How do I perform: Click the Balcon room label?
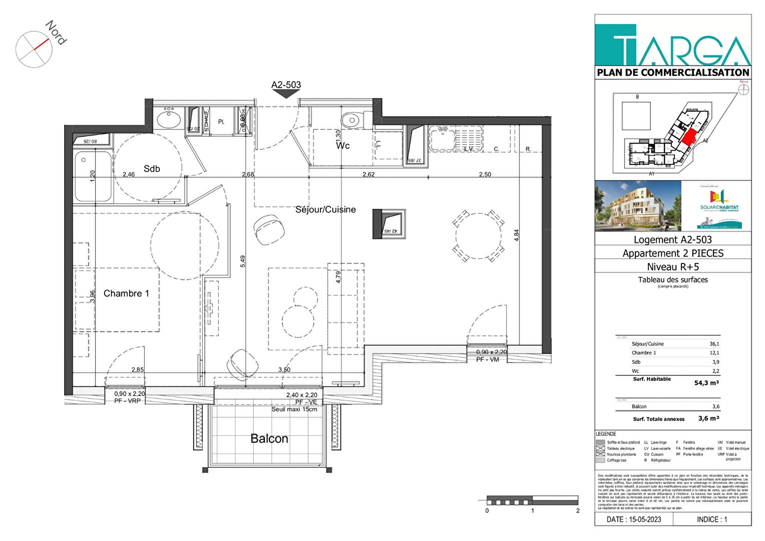(x=269, y=439)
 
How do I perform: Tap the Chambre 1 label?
(x=126, y=294)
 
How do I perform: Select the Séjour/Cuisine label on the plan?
(x=325, y=209)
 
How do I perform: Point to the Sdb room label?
(x=152, y=169)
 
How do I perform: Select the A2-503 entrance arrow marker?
(x=286, y=93)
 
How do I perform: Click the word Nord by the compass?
(x=56, y=33)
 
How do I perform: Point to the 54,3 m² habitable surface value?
(x=706, y=383)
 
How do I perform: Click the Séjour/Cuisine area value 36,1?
(x=714, y=344)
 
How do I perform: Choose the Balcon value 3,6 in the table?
(x=716, y=407)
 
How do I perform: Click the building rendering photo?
(x=638, y=206)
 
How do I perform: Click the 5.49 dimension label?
(x=243, y=261)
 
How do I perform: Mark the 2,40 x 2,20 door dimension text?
(x=301, y=395)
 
